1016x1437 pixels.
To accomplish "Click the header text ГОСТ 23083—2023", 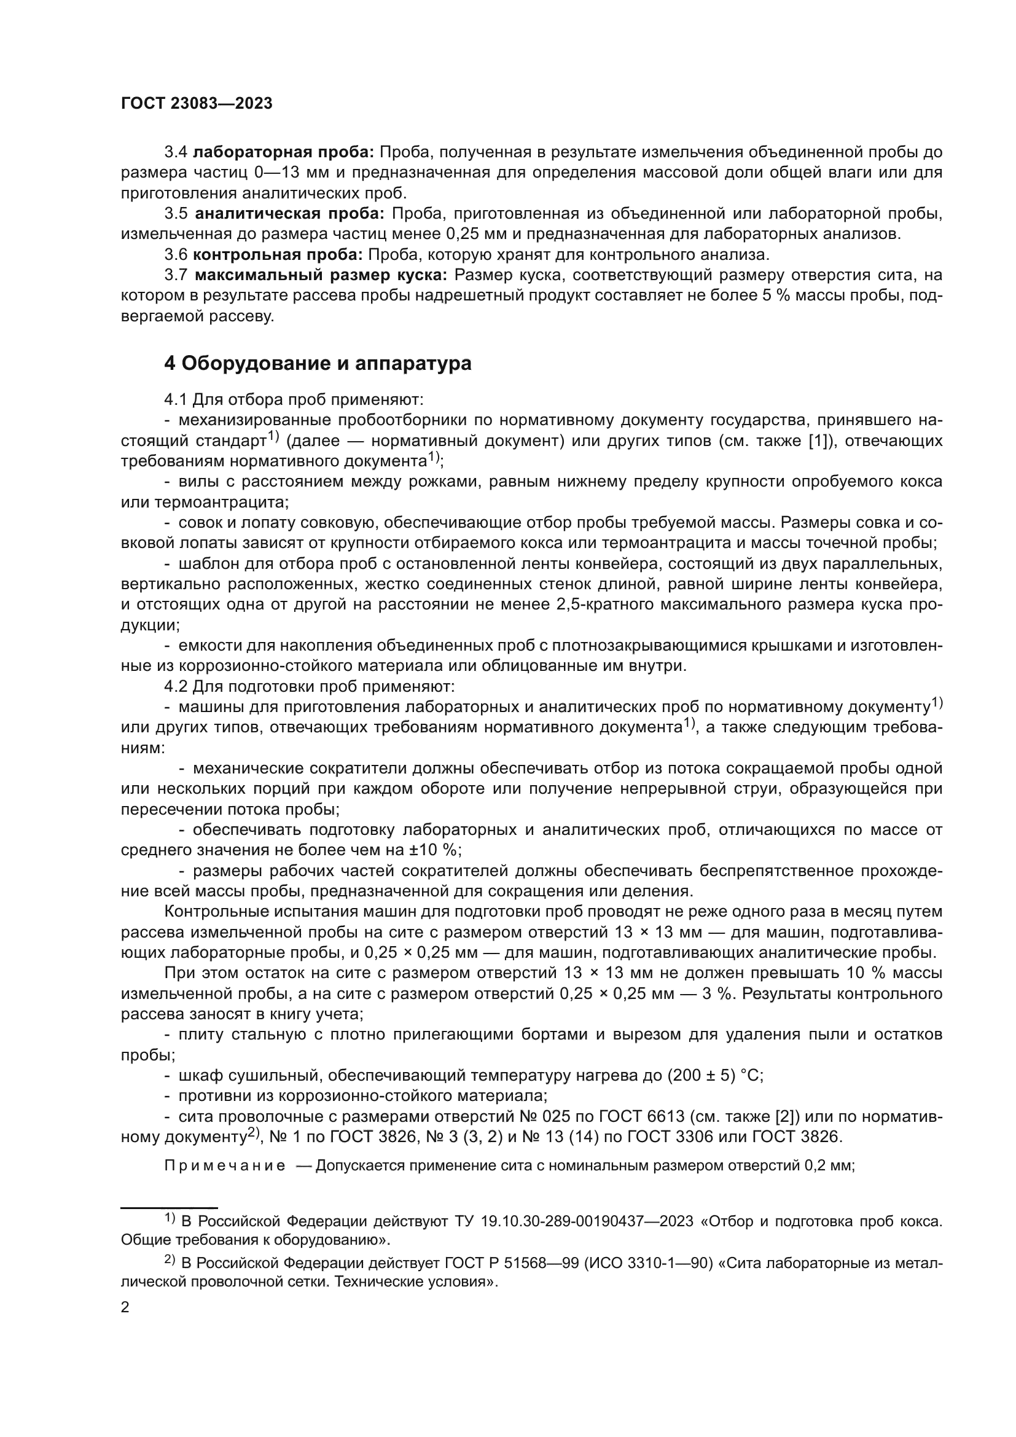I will click(197, 104).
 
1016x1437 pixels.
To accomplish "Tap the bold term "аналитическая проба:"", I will click(291, 214).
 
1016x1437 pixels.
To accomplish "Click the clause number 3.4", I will click(176, 152).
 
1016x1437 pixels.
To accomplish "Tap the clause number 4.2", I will click(176, 686).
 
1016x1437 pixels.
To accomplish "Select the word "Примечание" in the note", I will click(225, 1166).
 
